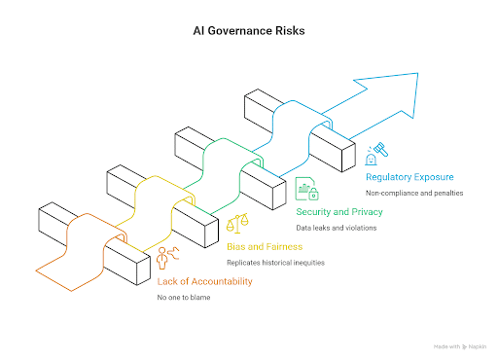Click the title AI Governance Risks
click(248, 30)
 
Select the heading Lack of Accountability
click(205, 282)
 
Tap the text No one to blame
click(184, 299)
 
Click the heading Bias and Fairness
click(263, 246)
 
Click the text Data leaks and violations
click(336, 228)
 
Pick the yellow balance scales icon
click(235, 225)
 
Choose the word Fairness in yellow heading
click(281, 246)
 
